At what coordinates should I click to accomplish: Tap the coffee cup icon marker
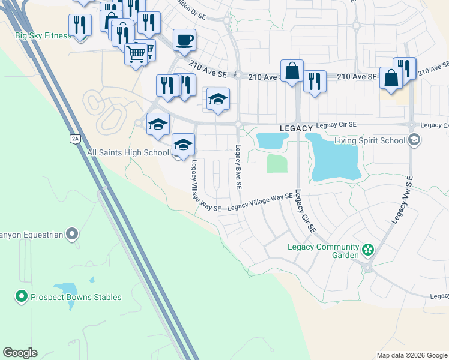184,40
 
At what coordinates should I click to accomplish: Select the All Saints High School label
128,153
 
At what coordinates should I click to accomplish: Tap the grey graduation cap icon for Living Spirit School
414,140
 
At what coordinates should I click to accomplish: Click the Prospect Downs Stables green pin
22,296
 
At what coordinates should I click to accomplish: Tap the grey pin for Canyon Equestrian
73,233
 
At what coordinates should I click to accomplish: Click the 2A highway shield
74,139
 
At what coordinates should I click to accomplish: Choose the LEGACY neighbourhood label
297,129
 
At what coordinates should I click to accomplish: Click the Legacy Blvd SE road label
238,167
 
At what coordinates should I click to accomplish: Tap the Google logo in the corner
20,353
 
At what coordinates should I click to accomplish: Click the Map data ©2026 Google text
412,355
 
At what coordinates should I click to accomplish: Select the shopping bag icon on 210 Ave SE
292,71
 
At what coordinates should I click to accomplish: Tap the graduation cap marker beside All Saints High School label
184,145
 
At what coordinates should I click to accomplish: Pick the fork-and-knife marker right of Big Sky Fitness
79,25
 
